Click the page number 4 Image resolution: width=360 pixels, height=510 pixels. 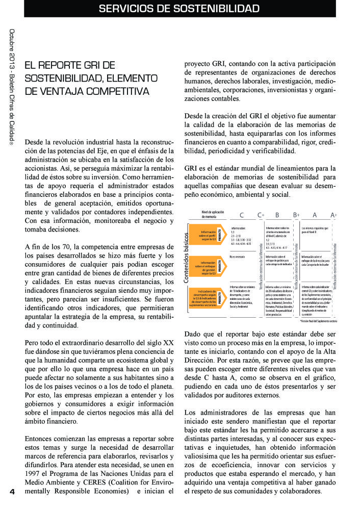[x=11, y=492]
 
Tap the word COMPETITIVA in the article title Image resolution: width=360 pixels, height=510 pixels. [x=118, y=92]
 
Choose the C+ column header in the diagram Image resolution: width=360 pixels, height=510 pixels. [x=261, y=215]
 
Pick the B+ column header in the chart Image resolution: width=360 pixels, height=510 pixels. [x=296, y=215]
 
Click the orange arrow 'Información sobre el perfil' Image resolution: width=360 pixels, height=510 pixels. [x=206, y=234]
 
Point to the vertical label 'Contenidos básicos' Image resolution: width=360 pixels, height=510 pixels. [x=187, y=258]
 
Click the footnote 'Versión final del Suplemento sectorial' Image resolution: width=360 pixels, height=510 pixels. [x=319, y=321]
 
